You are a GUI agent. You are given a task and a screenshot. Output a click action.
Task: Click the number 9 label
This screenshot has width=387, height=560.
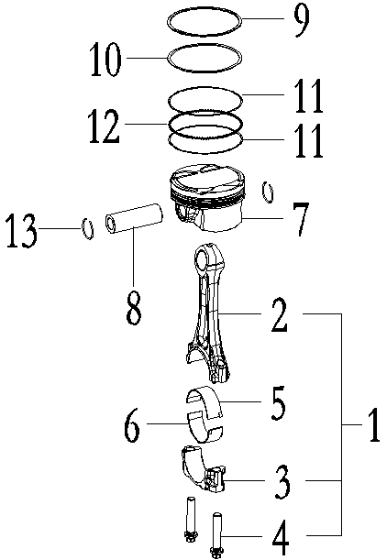tap(301, 20)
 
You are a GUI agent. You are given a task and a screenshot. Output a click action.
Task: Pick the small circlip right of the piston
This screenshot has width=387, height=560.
tap(269, 192)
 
